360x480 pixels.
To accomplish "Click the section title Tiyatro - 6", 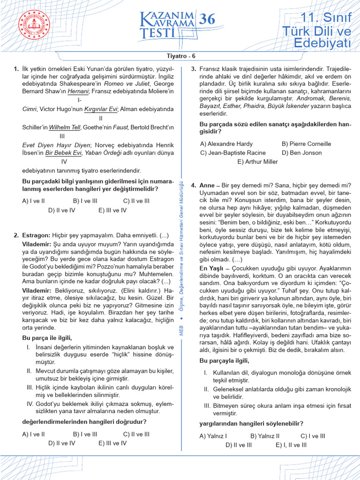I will (180, 56).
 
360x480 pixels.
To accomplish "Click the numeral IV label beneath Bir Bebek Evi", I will (64, 162).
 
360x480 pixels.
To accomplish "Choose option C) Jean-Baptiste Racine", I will (233, 153).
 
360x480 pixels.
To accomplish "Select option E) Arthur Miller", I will (257, 162).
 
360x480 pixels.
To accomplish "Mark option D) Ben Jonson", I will (302, 153).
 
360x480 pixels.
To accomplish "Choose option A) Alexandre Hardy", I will (226, 144).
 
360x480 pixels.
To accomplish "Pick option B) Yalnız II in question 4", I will (265, 436).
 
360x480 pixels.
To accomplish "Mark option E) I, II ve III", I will (291, 445).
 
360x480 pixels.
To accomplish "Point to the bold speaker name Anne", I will (206, 186).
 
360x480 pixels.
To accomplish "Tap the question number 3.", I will (194, 69).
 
